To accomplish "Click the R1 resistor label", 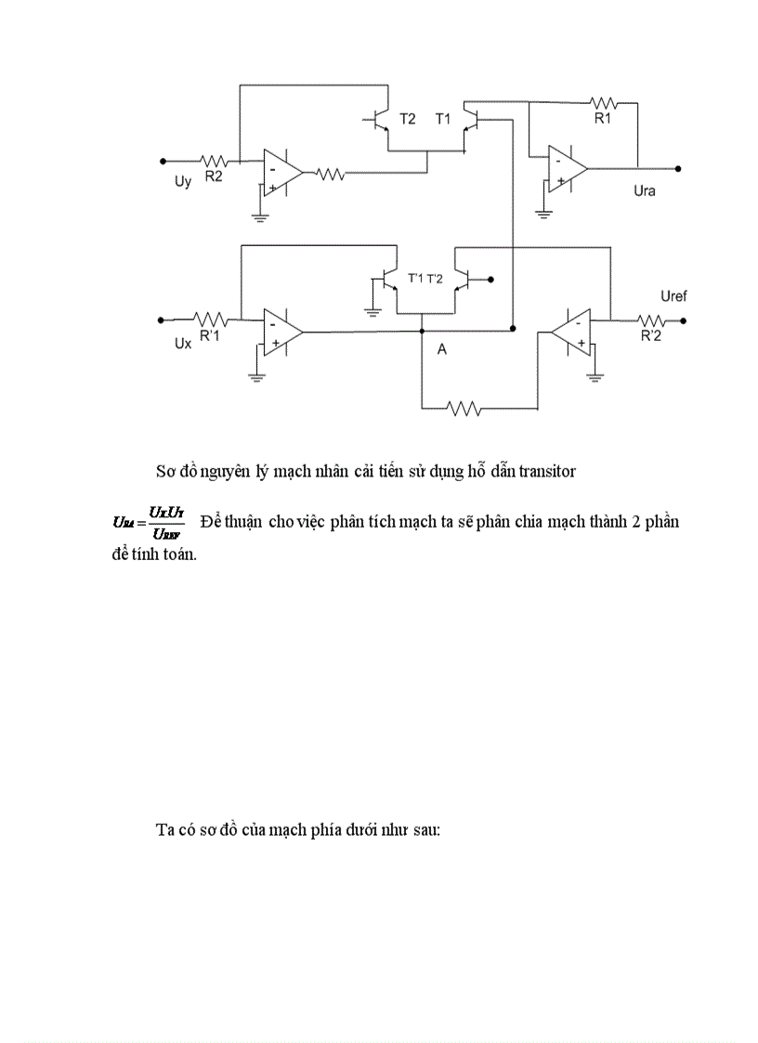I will pos(604,119).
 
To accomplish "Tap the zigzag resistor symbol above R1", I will pos(605,102).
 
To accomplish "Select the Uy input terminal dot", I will pos(163,161).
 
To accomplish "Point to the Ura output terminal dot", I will pos(679,169).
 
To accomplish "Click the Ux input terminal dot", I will pos(163,319).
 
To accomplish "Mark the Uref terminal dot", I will pos(683,320).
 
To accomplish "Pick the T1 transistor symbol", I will pos(470,121).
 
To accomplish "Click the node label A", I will pos(442,349).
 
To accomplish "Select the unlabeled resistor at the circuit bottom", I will pos(462,407).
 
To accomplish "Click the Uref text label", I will pos(673,296).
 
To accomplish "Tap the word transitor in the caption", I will pos(543,471).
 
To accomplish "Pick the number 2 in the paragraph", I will pos(634,521).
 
